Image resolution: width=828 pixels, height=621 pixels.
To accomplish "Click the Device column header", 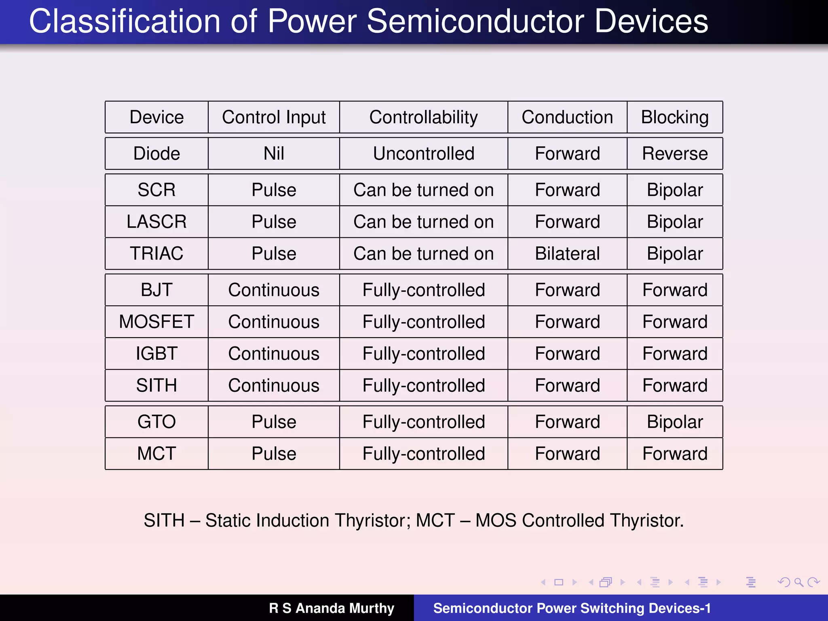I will (x=156, y=117).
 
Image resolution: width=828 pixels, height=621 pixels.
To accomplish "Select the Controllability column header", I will (x=423, y=117).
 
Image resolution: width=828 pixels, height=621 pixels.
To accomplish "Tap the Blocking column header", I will (x=675, y=117).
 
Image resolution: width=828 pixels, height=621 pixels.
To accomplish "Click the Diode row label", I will (x=156, y=154).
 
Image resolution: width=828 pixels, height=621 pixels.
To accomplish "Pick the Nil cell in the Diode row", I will (x=274, y=154).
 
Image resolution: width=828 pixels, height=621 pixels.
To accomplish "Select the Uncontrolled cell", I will (x=423, y=154).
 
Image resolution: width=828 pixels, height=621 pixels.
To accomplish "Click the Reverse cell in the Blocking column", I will (x=675, y=154).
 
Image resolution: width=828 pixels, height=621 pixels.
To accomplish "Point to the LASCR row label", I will (x=156, y=222).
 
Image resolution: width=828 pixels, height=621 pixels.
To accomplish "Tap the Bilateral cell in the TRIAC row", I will (x=567, y=253).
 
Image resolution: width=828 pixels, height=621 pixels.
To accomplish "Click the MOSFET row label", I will (x=156, y=322).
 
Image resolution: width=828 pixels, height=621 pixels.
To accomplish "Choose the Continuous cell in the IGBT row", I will (x=274, y=354).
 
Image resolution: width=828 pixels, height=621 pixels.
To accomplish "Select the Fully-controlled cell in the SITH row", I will (x=423, y=385).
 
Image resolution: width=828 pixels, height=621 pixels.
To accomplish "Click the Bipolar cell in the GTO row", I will (x=675, y=422).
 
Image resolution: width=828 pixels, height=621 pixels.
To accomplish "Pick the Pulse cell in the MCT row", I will (x=274, y=454).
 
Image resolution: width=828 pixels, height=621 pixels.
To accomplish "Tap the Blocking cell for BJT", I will (x=675, y=290).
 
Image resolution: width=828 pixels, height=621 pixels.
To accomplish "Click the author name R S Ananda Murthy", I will (x=332, y=608).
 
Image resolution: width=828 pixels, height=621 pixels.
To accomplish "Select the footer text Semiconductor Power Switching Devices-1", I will (x=572, y=608).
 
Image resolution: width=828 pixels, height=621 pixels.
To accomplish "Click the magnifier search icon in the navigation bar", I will (x=798, y=582).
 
